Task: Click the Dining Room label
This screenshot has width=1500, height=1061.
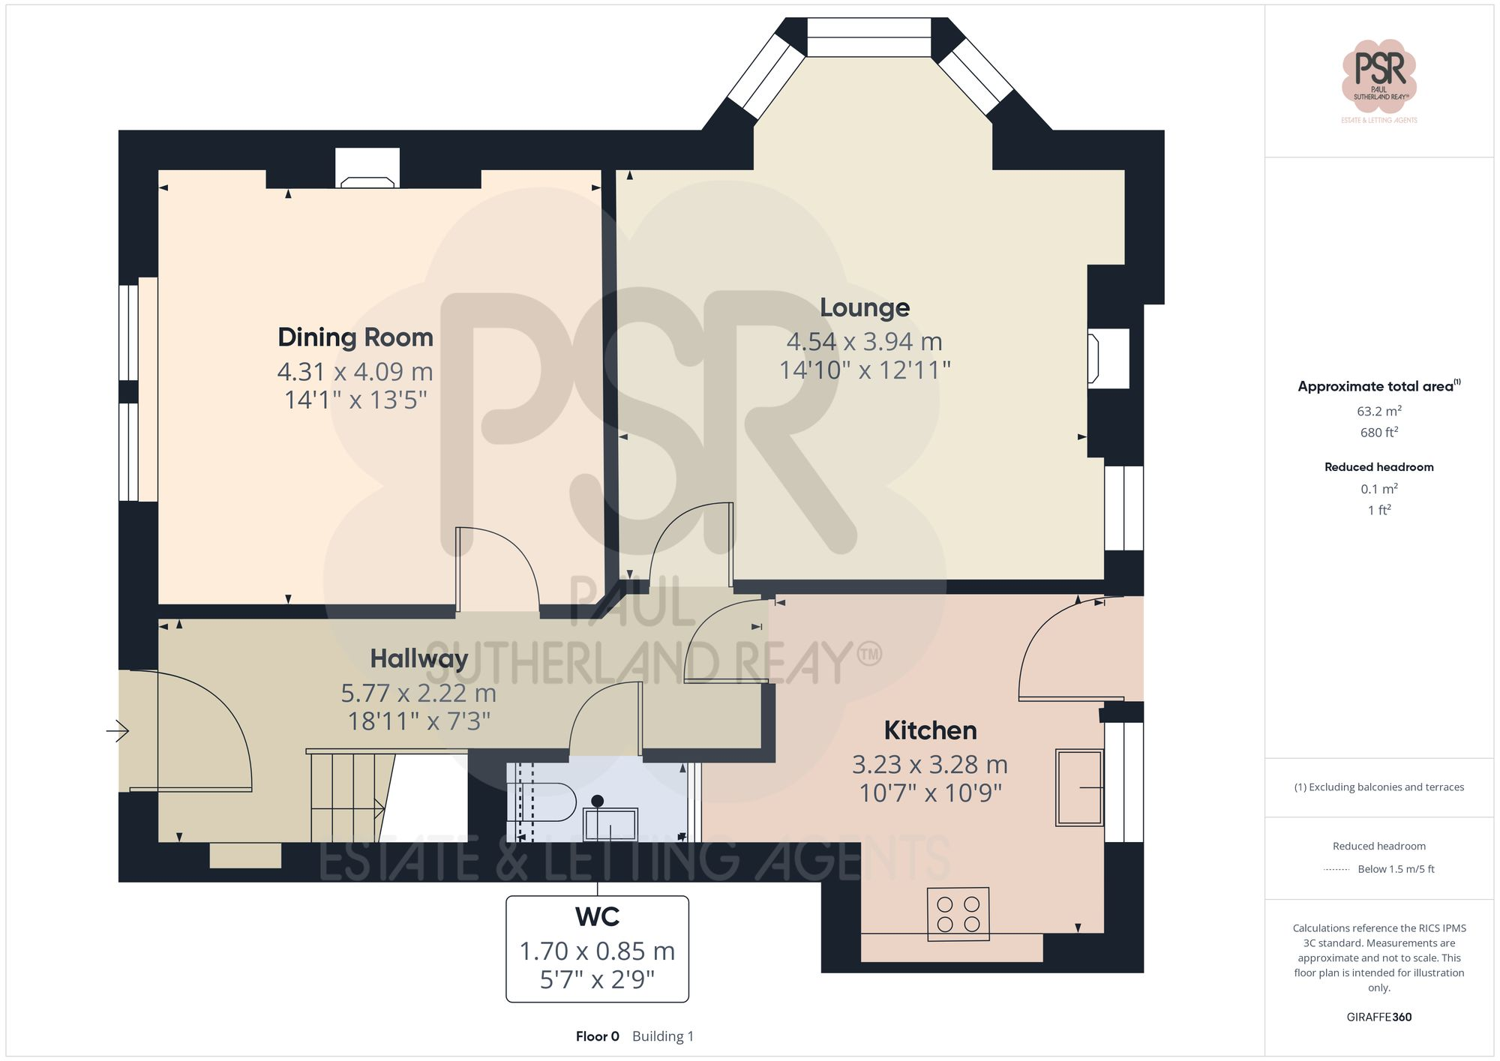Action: coord(355,337)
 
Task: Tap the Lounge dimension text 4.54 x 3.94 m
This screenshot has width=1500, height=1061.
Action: coord(864,342)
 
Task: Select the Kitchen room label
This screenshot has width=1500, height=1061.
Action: coord(930,730)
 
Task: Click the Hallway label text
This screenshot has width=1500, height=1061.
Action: coord(418,658)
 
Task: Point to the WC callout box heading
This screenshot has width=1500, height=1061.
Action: coord(597,917)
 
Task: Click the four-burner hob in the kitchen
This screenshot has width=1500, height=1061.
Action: coord(958,914)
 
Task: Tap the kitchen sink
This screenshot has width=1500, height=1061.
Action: coord(1079,787)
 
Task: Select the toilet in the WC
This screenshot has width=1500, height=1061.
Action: coord(541,802)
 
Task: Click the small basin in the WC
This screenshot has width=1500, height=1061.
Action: coord(610,824)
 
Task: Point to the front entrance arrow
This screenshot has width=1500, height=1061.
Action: coord(117,730)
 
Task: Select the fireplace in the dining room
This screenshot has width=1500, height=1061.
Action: coord(367,181)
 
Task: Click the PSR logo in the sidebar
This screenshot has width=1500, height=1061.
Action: coord(1378,76)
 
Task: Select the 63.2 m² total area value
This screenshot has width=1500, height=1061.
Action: coord(1378,411)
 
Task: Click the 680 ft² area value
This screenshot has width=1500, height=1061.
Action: coord(1378,433)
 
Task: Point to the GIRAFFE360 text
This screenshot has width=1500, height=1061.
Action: coord(1378,1017)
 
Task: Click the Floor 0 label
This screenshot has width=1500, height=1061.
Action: coord(597,1036)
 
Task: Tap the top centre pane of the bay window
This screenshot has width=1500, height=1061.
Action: coord(868,37)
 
